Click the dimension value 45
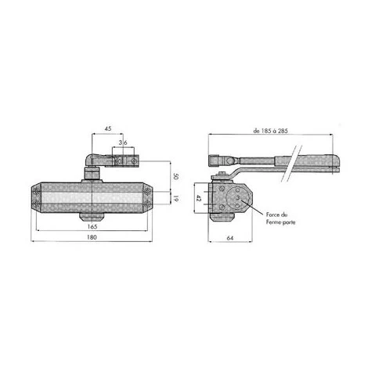pyautogui.click(x=108, y=128)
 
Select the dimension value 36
pyautogui.click(x=123, y=143)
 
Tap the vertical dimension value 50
pyautogui.click(x=175, y=176)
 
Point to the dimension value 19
pyautogui.click(x=175, y=199)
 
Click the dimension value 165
pyautogui.click(x=92, y=226)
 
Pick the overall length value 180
pyautogui.click(x=92, y=237)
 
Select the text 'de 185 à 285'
pyautogui.click(x=271, y=131)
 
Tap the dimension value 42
pyautogui.click(x=198, y=199)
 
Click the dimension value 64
pyautogui.click(x=230, y=238)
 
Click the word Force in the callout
pyautogui.click(x=272, y=215)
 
